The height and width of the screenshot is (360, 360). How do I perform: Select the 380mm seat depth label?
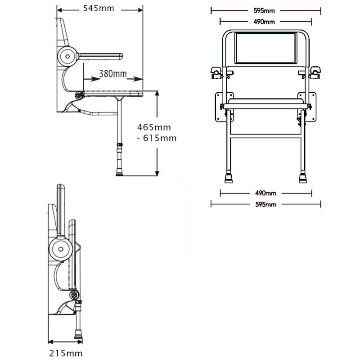click(x=112, y=73)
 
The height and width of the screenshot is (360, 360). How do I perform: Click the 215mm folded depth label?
click(x=66, y=354)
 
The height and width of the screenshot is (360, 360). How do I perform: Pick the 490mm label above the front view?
click(x=266, y=21)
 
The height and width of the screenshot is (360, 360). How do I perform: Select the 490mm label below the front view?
click(x=266, y=193)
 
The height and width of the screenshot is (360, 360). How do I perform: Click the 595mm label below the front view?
click(x=266, y=205)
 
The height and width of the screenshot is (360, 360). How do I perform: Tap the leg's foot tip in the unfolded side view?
click(x=120, y=172)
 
